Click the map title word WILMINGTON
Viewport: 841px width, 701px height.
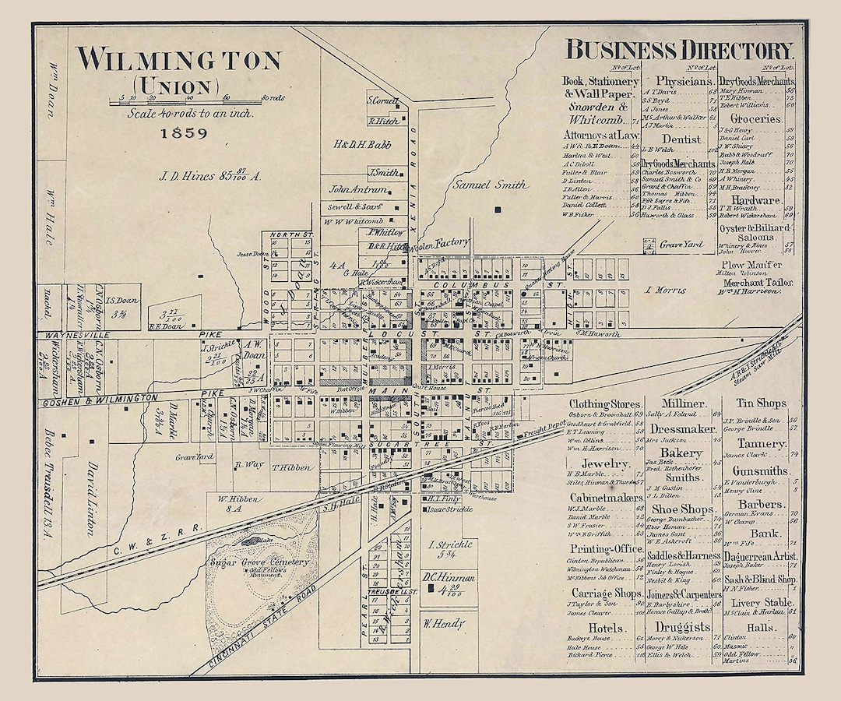[178, 60]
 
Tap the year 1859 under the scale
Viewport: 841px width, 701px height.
[185, 132]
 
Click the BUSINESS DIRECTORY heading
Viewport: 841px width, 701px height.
[679, 51]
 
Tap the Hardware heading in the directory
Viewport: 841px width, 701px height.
[755, 200]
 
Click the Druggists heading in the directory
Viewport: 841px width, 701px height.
[683, 627]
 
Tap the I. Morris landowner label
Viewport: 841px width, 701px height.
[667, 290]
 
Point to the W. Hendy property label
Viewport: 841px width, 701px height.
[444, 623]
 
